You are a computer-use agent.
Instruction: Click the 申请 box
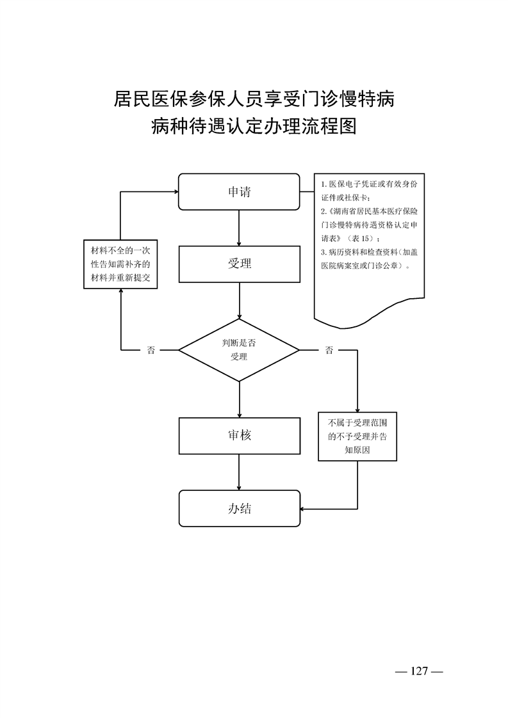[239, 191]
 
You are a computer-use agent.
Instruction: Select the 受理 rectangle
[239, 263]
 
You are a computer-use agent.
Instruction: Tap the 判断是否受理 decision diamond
[239, 350]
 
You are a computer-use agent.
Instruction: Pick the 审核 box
[239, 435]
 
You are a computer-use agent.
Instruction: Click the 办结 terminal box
[239, 509]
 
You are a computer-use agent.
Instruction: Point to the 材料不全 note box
[121, 264]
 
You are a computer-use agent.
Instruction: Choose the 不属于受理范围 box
[357, 436]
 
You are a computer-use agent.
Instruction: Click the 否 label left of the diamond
[151, 350]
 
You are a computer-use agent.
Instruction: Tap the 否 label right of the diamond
[329, 350]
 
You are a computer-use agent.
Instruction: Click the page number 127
[419, 671]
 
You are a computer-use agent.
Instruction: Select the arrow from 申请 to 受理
[239, 228]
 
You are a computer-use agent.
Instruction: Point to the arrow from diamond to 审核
[239, 400]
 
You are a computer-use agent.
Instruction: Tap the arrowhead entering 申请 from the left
[174, 191]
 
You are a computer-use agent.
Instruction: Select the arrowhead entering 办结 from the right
[304, 509]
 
